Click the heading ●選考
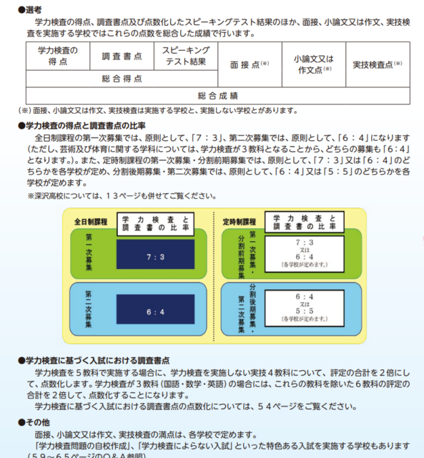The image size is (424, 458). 30,10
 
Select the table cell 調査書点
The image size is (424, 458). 122,56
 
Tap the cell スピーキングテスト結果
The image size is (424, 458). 186,56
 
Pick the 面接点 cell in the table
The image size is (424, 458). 250,64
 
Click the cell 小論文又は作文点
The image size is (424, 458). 314,64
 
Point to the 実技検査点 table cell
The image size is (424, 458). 378,64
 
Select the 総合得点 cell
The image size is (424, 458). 122,79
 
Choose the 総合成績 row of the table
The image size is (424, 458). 218,95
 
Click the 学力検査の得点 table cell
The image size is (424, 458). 58,56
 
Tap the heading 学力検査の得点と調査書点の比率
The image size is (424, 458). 82,126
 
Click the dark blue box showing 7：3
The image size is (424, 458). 156,255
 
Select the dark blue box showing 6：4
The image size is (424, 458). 156,309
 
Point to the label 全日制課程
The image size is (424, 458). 91,222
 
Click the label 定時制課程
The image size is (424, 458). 240,222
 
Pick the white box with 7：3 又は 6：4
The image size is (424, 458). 305,254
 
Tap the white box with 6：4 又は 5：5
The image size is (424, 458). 305,308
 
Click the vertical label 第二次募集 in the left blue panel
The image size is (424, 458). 89,309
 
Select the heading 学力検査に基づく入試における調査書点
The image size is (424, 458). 94,361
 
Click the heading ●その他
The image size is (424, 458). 34,422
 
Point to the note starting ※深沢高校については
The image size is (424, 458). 122,196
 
